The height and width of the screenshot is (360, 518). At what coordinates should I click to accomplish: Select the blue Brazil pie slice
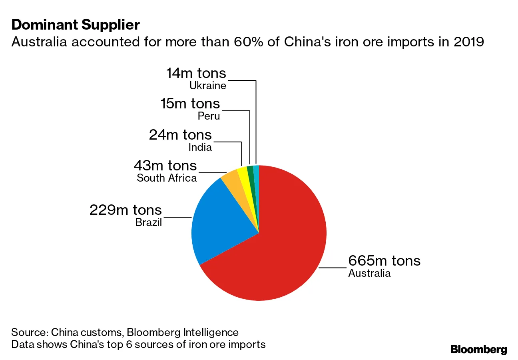pyautogui.click(x=217, y=222)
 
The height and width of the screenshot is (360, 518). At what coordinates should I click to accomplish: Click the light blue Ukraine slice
pyautogui.click(x=257, y=178)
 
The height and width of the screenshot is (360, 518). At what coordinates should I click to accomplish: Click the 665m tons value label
pyautogui.click(x=384, y=261)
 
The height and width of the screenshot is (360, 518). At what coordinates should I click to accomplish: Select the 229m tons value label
pyautogui.click(x=126, y=210)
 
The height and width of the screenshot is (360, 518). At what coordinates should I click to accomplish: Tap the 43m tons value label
pyautogui.click(x=165, y=166)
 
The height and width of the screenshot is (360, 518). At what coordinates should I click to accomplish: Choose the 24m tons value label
pyautogui.click(x=180, y=135)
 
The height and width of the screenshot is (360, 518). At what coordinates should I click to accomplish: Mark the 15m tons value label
pyautogui.click(x=190, y=104)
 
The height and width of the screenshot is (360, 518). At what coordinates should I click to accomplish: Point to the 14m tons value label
pyautogui.click(x=196, y=73)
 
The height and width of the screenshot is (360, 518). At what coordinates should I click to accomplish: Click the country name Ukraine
pyautogui.click(x=208, y=86)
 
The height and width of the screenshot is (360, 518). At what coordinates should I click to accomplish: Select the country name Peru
pyautogui.click(x=209, y=116)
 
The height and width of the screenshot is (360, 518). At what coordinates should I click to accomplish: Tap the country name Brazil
pyautogui.click(x=148, y=222)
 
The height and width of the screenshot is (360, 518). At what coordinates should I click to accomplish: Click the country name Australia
pyautogui.click(x=370, y=273)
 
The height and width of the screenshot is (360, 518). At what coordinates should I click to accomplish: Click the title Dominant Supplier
pyautogui.click(x=76, y=25)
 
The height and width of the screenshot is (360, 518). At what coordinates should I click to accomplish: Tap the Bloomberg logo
pyautogui.click(x=479, y=349)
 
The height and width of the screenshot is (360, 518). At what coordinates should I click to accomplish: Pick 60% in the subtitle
pyautogui.click(x=248, y=42)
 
